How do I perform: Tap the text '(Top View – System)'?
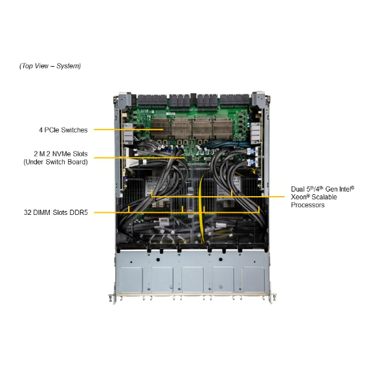(x=50, y=66)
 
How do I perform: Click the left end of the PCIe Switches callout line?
(x=95, y=129)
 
